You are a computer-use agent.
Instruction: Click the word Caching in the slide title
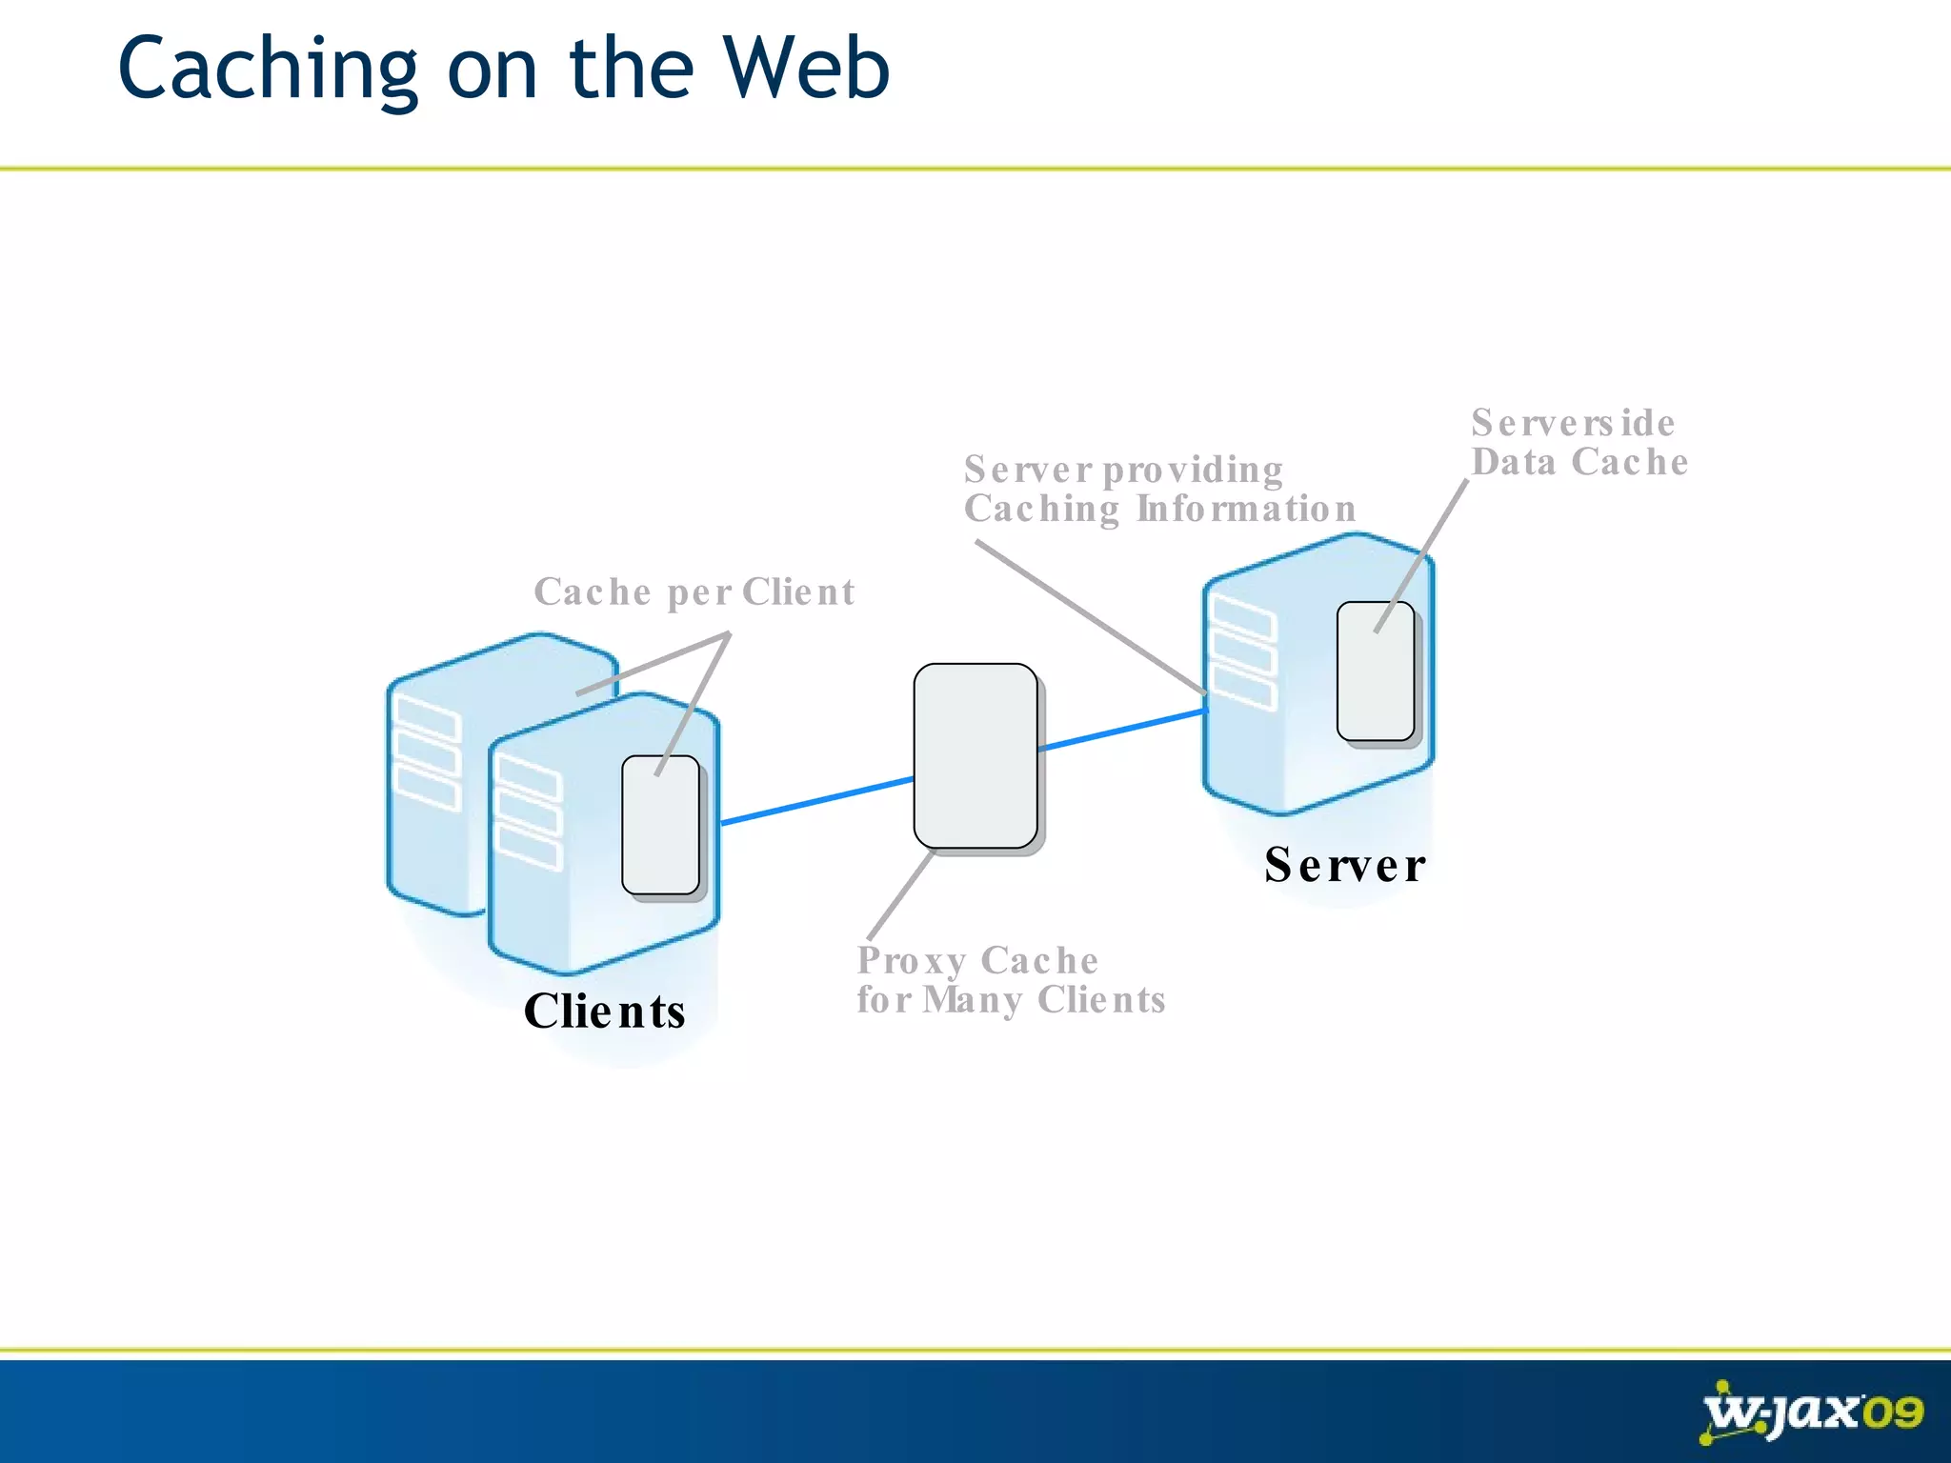click(x=268, y=69)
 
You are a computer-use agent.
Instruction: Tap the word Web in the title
click(x=806, y=69)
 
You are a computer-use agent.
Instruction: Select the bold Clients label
click(x=604, y=1011)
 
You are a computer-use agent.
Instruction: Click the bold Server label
click(x=1344, y=865)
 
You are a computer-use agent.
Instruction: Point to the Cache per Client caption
click(x=694, y=591)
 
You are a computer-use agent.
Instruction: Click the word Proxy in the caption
click(x=911, y=961)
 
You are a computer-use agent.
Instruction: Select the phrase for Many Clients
click(x=1010, y=1000)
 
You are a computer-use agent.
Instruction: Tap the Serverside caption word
click(x=1572, y=423)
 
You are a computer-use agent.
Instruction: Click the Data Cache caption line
click(x=1579, y=462)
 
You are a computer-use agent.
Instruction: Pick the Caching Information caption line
click(x=1158, y=509)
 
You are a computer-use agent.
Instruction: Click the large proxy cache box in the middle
click(x=975, y=755)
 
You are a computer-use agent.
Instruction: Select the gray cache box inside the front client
click(x=660, y=825)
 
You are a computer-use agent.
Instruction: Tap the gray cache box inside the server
click(x=1375, y=671)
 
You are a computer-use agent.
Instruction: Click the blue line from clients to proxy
click(x=816, y=801)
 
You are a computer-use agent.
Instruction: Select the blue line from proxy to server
click(x=1122, y=731)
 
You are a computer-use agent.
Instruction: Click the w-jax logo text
click(x=1780, y=1412)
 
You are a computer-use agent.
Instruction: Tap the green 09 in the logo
click(x=1892, y=1412)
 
